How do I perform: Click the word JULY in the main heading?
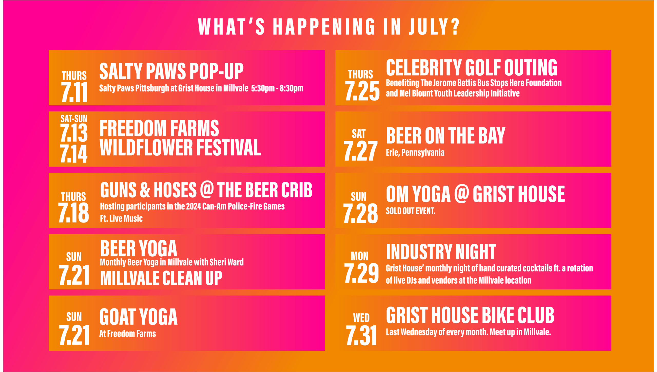434,27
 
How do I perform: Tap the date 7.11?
74,92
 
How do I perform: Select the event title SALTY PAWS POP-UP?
171,71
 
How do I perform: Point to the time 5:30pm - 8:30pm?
277,88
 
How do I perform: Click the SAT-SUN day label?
74,119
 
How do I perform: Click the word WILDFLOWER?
146,148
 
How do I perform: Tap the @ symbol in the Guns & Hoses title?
207,190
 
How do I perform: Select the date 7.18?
74,213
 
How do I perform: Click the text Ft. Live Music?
121,219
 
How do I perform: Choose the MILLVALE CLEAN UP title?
161,278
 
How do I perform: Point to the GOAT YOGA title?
138,317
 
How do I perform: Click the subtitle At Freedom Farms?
128,334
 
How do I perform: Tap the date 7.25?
362,91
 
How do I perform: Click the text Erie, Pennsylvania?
415,153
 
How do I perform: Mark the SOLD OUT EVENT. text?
411,211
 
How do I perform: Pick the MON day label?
360,256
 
